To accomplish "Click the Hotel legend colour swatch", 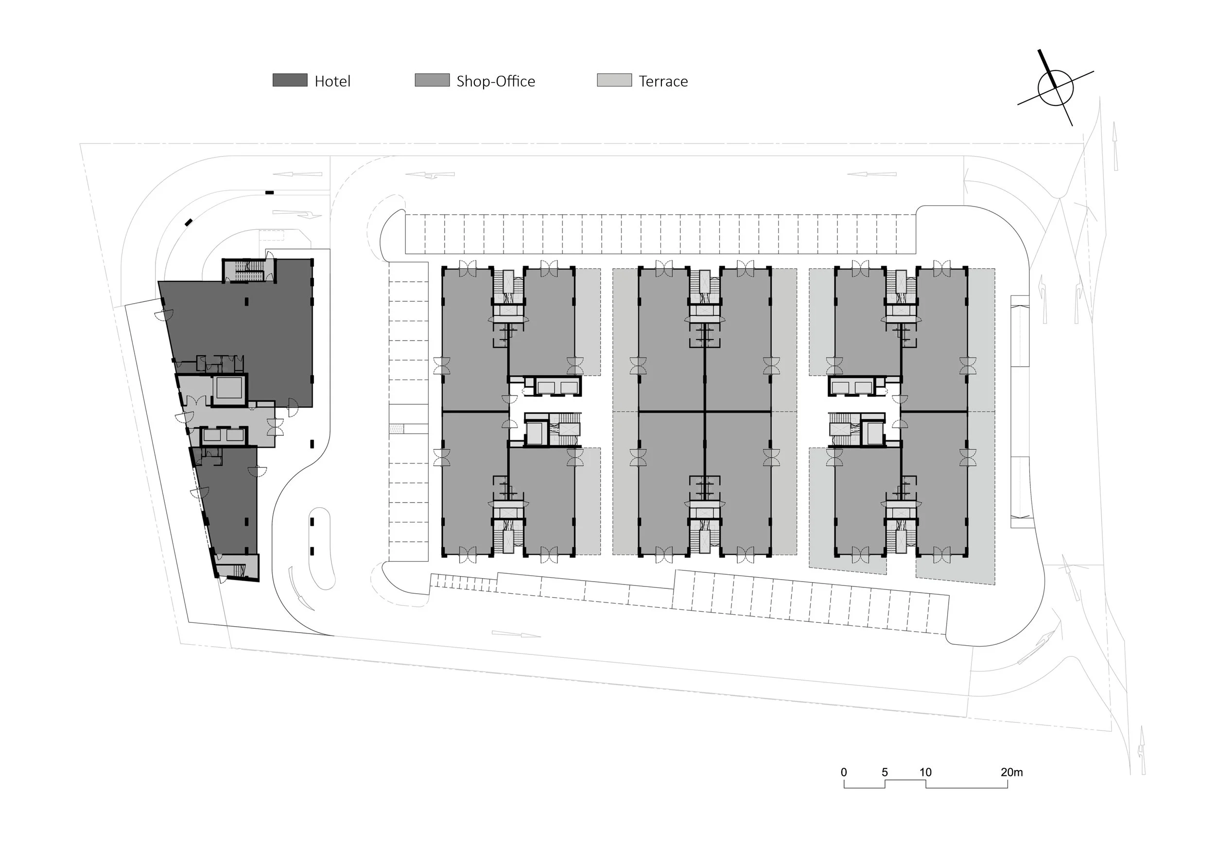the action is (x=290, y=80).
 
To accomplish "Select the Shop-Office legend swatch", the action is (x=433, y=80).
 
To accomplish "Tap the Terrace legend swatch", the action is (x=614, y=80).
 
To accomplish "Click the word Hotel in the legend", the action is (x=332, y=82).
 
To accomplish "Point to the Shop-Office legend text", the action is (x=496, y=82).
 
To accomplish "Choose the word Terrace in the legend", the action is (x=663, y=82).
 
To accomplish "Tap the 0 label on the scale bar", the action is (x=844, y=772).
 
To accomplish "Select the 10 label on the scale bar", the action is (x=925, y=772).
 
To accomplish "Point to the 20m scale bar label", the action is (x=1012, y=772).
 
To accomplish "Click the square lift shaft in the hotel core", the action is (x=229, y=390).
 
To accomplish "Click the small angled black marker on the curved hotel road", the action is (x=189, y=222).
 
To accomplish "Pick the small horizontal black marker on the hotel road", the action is (x=269, y=192).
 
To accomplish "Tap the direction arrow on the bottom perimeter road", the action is (x=517, y=634).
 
